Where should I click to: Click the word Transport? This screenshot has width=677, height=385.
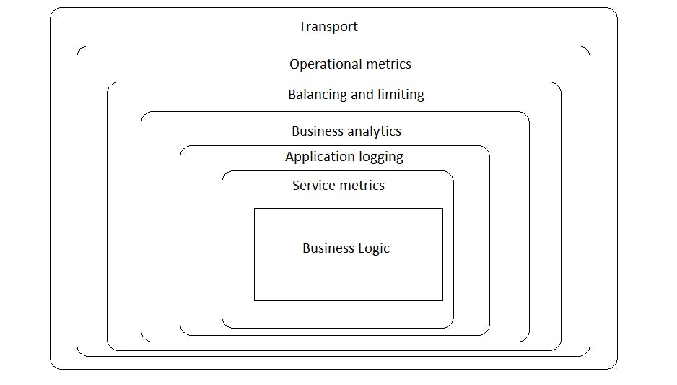coord(328,27)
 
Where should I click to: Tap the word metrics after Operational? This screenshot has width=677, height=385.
coord(388,64)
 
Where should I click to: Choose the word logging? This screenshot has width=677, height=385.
coord(381,157)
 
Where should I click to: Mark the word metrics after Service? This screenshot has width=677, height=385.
coord(362,186)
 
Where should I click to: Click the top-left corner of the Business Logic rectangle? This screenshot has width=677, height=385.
coord(254,209)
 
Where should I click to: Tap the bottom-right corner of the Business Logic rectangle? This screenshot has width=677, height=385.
coord(443,300)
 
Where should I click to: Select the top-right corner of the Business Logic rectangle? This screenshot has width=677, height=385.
coord(443,209)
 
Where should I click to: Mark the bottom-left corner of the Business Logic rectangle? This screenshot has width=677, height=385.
coord(254,300)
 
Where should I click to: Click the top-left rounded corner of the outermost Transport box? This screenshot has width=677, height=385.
coord(53,11)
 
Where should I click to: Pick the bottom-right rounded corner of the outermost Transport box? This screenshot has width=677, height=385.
coord(614,366)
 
